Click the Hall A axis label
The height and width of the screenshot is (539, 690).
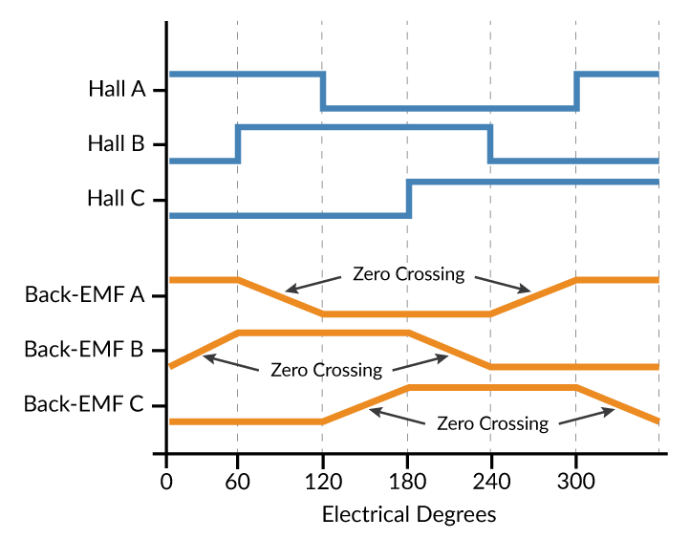click(x=117, y=90)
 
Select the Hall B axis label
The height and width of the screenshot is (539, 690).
click(x=116, y=144)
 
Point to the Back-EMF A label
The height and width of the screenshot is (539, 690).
click(x=84, y=294)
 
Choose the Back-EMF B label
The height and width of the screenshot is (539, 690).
click(x=84, y=349)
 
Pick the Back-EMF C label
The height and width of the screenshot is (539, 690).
click(x=84, y=403)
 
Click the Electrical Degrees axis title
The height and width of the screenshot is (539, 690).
click(x=409, y=514)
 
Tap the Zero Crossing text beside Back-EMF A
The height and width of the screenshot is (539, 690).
click(x=408, y=274)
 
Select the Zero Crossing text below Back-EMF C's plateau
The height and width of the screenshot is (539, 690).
click(x=492, y=423)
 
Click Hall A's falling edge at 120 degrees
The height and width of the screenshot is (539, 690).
click(x=323, y=91)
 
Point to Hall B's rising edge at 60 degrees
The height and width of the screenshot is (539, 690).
click(x=237, y=143)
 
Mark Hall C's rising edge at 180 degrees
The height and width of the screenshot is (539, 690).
click(x=409, y=199)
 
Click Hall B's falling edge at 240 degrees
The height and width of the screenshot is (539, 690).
click(x=491, y=143)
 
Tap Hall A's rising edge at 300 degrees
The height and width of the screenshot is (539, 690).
click(x=576, y=91)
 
